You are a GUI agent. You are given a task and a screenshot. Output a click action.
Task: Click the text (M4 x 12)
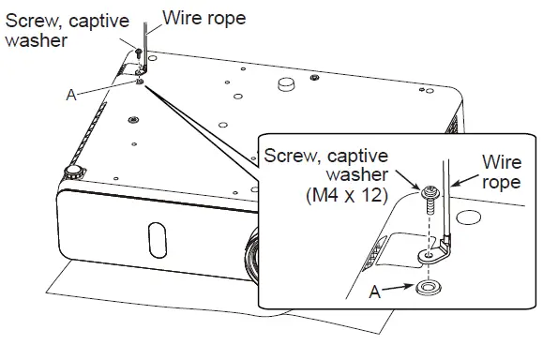(347, 196)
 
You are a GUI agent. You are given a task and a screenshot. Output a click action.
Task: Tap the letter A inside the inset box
(375, 292)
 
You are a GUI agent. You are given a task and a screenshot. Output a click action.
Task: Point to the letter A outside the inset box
(71, 95)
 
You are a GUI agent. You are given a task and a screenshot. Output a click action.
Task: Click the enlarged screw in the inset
(430, 200)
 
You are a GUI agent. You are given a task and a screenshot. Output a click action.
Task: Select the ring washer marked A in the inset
(428, 288)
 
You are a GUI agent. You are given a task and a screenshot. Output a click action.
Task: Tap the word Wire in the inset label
(502, 162)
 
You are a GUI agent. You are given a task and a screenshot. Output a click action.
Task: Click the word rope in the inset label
(502, 183)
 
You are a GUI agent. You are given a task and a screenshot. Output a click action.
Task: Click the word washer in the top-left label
(37, 40)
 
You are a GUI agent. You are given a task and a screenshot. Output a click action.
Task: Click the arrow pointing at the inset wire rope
(465, 180)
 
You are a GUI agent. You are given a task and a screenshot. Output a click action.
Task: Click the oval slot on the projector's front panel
(158, 240)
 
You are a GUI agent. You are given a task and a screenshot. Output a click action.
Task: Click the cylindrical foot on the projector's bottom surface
(287, 84)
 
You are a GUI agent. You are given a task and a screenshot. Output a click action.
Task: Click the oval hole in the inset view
(469, 217)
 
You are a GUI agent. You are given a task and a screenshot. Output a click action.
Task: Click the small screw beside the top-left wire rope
(139, 52)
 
